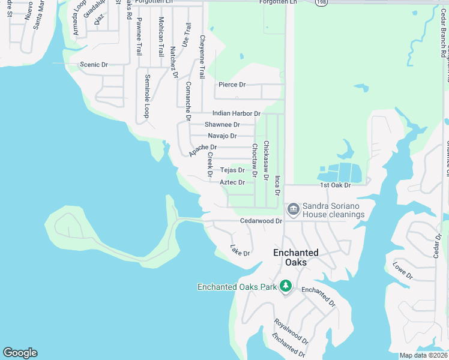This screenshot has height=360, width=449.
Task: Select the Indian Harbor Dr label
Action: click(236, 113)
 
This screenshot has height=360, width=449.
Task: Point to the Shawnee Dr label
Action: click(222, 124)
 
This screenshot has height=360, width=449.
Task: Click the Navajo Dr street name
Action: click(222, 136)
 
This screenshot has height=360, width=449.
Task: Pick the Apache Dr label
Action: click(202, 150)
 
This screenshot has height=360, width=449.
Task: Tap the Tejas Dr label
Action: click(232, 170)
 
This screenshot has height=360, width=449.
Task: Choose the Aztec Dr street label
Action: click(232, 182)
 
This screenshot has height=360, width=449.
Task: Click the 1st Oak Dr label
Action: click(334, 185)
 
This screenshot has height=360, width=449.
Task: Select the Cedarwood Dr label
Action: click(261, 221)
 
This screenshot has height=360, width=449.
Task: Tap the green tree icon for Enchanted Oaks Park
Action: click(286, 286)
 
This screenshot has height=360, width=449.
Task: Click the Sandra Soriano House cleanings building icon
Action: click(294, 209)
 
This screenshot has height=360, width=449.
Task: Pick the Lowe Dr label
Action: click(403, 271)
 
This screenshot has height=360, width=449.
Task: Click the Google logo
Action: click(20, 353)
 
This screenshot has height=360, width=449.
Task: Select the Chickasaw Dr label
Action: click(266, 159)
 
